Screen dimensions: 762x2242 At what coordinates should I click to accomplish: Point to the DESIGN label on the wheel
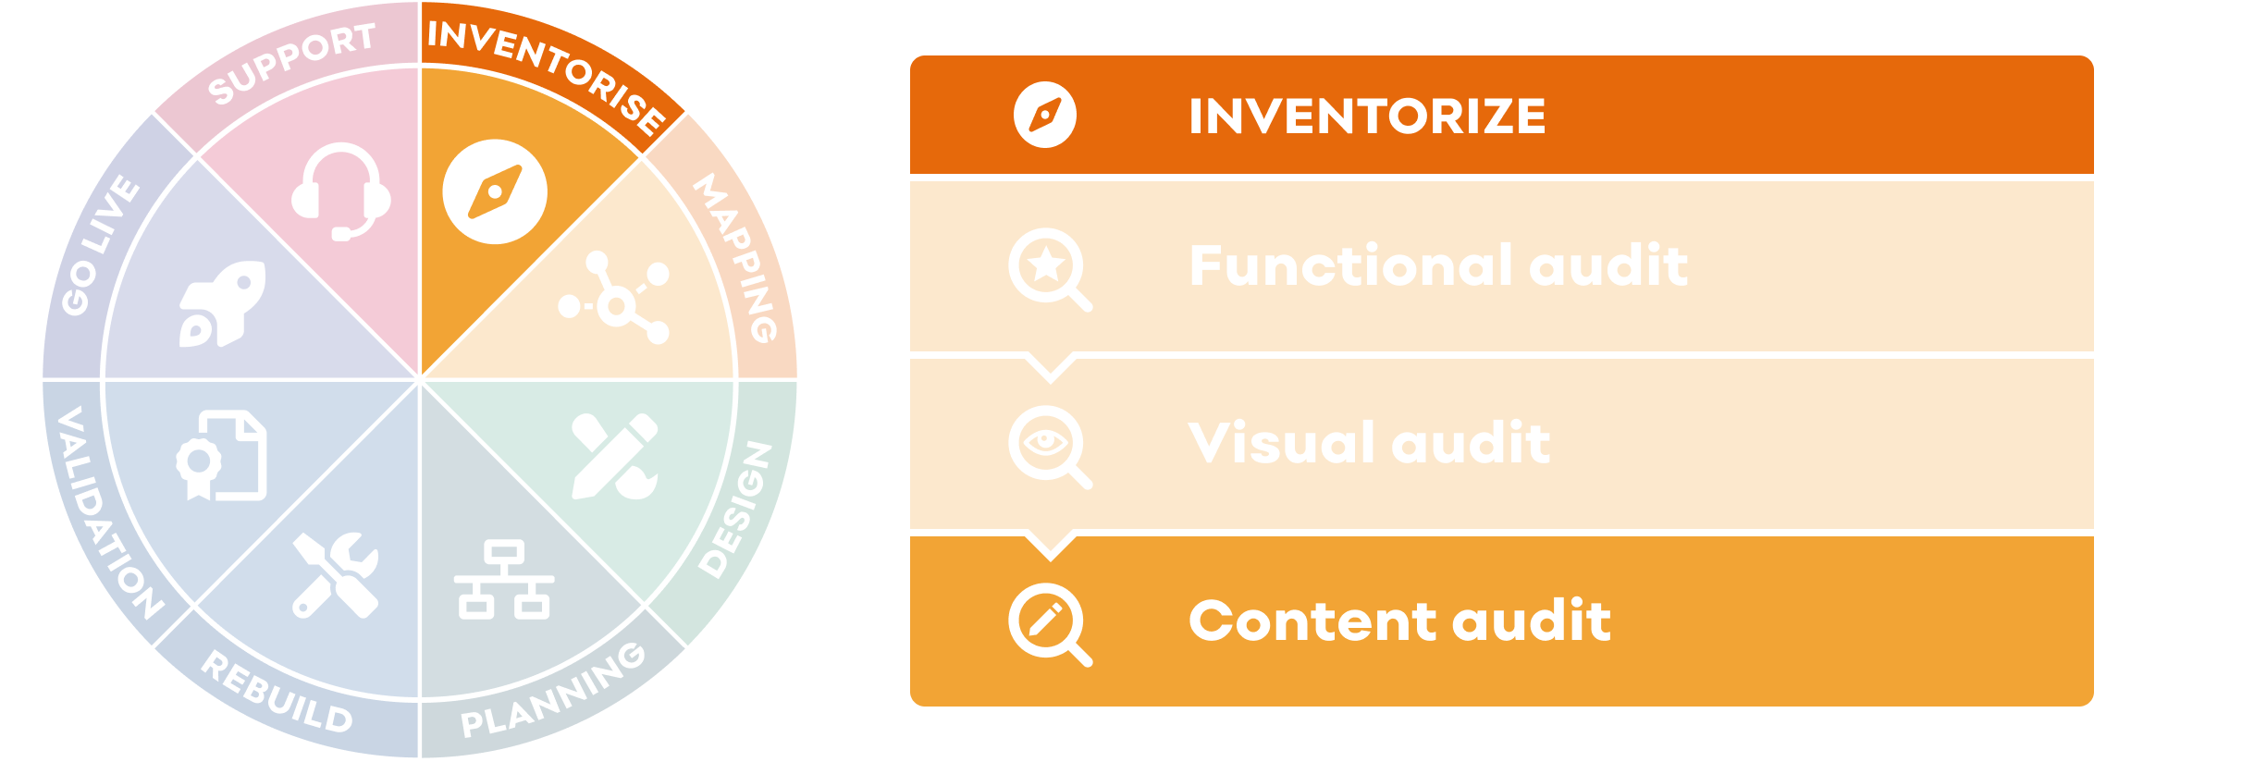[x=735, y=510]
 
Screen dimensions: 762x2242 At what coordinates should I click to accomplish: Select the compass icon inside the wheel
[x=495, y=192]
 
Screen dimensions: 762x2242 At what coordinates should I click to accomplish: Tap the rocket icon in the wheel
[x=222, y=304]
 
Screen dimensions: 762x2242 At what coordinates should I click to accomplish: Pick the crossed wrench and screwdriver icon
[x=335, y=574]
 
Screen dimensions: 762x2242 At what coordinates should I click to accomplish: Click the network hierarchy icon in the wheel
[x=504, y=580]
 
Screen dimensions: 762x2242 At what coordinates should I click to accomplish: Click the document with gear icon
[x=222, y=456]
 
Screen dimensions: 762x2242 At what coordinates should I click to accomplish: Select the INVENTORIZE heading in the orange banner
[x=1367, y=117]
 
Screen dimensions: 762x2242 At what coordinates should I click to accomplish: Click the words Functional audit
[x=1438, y=266]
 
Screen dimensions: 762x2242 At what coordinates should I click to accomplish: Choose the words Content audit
[x=1399, y=621]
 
